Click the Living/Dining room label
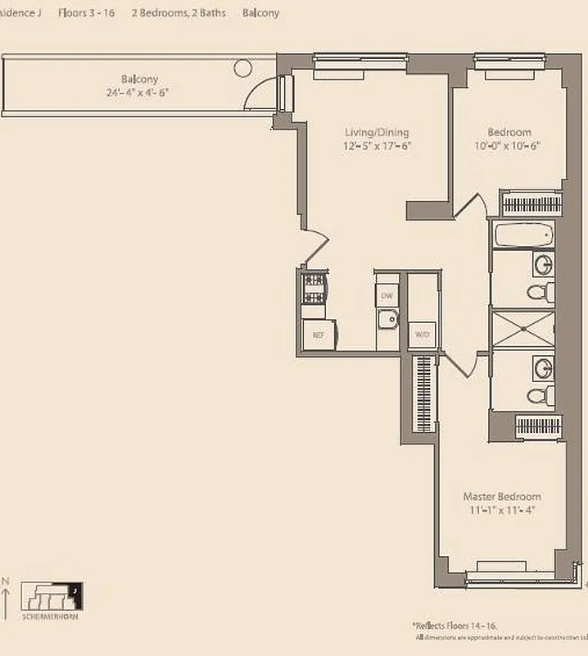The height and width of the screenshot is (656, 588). click(x=376, y=132)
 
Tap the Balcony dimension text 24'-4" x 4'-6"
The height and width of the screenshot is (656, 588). click(x=139, y=93)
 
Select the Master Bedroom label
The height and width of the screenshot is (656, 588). click(x=501, y=497)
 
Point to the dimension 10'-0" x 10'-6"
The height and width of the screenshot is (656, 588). click(x=509, y=146)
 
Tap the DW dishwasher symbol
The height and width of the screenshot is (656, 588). click(x=387, y=295)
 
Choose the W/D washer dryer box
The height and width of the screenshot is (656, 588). click(x=422, y=335)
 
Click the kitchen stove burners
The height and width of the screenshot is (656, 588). click(x=314, y=287)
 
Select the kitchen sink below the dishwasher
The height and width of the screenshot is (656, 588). click(x=387, y=321)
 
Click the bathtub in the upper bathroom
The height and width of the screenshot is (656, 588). click(x=523, y=235)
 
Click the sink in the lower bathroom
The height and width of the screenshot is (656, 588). click(x=542, y=367)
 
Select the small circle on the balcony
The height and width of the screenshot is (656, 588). click(x=242, y=67)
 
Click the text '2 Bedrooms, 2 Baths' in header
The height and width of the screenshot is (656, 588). click(x=179, y=13)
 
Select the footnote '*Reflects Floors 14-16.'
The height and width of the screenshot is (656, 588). click(x=460, y=624)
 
